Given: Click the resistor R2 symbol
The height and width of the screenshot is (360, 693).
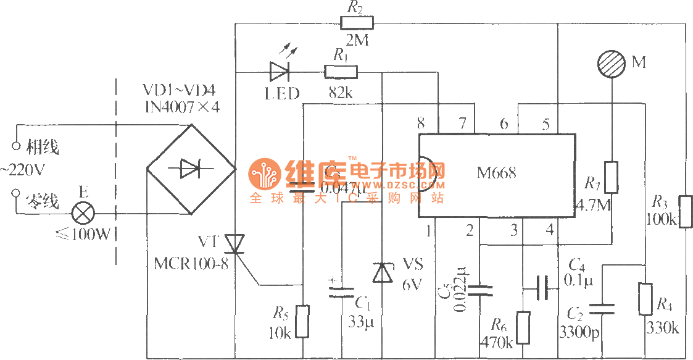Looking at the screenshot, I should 357,23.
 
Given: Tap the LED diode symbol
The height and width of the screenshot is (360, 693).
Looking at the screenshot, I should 279,72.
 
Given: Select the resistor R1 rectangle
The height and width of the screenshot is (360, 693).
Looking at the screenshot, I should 341,72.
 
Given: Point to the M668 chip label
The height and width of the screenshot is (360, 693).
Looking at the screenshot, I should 496,173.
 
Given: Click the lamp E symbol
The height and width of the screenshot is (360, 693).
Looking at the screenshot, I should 81,214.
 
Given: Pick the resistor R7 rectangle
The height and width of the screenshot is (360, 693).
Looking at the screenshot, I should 611,178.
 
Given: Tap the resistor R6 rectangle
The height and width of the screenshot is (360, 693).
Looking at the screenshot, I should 523,327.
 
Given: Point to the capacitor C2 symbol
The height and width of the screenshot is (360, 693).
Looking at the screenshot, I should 602,308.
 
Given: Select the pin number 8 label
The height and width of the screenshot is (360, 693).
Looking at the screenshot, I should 421,123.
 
